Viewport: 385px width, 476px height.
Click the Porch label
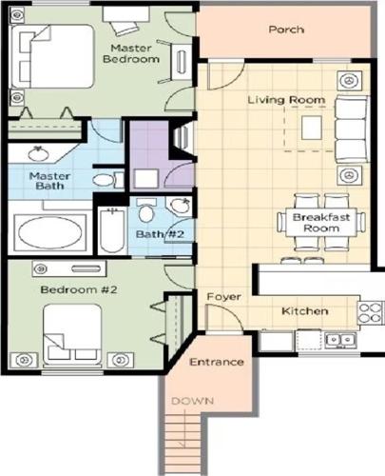[x=286, y=30]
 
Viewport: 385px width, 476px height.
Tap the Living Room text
[x=286, y=100]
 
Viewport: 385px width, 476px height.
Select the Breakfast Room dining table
[x=321, y=223]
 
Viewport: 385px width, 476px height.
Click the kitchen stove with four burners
[x=371, y=312]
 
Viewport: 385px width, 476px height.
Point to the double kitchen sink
[x=340, y=340]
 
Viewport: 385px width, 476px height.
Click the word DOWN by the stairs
[x=192, y=401]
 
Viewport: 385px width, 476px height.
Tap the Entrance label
[x=217, y=362]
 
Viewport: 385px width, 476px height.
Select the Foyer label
[x=223, y=297]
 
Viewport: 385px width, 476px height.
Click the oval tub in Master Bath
[x=50, y=232]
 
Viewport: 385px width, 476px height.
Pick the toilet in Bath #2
[x=146, y=210]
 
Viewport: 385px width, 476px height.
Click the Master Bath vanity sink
[x=38, y=153]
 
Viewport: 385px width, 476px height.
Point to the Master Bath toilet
[x=108, y=180]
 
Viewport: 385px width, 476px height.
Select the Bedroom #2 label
[x=79, y=289]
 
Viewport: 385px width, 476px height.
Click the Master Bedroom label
[x=131, y=53]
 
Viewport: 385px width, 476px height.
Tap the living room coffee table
[x=312, y=128]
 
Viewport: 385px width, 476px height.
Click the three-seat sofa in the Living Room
[x=352, y=129]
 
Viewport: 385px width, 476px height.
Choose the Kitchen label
[x=304, y=311]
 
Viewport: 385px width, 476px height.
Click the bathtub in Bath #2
[x=112, y=229]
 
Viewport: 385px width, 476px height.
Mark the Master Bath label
[x=49, y=181]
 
